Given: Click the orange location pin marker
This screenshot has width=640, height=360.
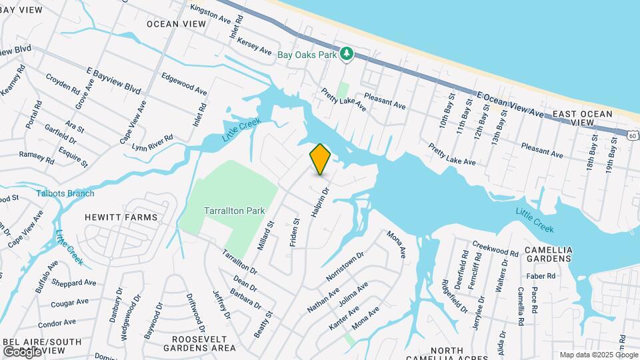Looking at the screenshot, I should (320, 159).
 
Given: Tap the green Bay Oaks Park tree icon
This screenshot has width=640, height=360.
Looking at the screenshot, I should (346, 54).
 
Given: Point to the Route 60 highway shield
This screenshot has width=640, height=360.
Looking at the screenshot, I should (631, 135).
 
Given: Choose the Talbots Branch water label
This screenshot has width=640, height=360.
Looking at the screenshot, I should (66, 193).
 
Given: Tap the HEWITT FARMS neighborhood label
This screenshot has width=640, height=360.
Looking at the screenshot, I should (121, 217).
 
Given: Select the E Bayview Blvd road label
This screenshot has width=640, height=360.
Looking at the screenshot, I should (113, 79).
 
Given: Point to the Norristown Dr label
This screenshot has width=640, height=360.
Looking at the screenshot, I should (345, 265).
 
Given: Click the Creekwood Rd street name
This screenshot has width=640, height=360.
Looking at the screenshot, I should (495, 249).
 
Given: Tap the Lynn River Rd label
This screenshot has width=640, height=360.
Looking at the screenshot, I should (152, 142).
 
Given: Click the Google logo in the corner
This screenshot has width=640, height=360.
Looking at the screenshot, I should (22, 351).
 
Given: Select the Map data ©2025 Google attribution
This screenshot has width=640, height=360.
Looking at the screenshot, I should (598, 355).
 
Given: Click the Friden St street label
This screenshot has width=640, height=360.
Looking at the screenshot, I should (295, 231).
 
